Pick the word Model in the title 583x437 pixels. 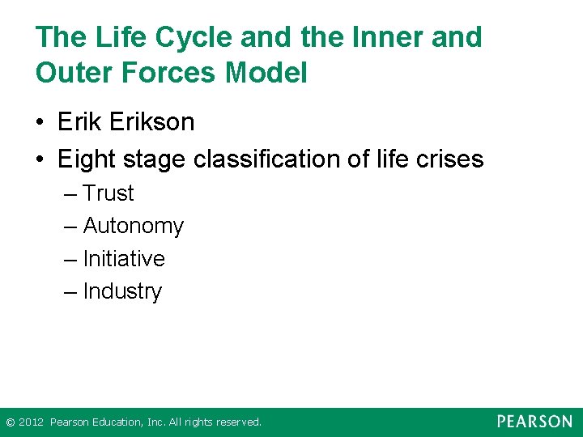point(266,74)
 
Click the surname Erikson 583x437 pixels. point(152,123)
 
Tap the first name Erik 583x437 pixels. point(80,123)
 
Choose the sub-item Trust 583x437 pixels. point(109,193)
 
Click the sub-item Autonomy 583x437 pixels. point(133,227)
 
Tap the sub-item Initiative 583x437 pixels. point(124,259)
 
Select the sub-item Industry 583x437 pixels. point(122,291)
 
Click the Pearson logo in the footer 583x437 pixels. point(534,422)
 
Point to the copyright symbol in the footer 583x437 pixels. point(10,422)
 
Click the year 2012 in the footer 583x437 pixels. point(31,422)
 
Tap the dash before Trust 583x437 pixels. point(70,194)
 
